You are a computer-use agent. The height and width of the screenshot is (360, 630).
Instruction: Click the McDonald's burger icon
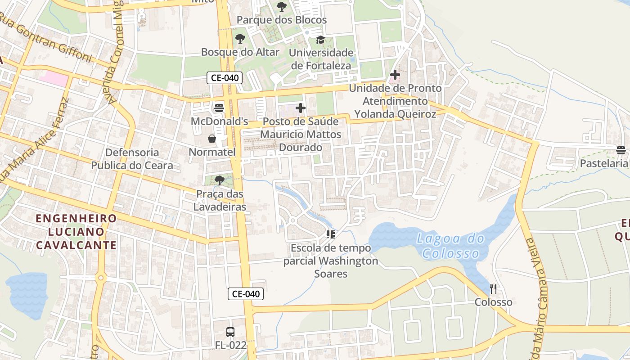click(x=219, y=108)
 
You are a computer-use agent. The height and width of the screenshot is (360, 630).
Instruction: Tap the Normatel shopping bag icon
click(x=212, y=139)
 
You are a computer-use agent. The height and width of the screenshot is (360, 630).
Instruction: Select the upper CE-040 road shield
click(x=225, y=78)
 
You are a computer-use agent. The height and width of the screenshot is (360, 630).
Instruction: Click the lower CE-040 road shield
click(x=245, y=294)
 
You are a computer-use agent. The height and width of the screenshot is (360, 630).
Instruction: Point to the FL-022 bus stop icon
click(x=230, y=332)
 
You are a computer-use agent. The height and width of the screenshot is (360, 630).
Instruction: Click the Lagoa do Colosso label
click(x=451, y=246)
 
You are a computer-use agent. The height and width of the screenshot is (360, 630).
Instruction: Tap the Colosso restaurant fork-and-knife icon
click(x=493, y=288)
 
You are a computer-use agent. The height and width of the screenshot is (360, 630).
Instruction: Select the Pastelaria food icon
click(x=621, y=150)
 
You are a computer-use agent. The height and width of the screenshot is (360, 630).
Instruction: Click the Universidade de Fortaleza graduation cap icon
click(x=320, y=40)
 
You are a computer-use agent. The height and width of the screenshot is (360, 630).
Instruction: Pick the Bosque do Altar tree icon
click(x=240, y=39)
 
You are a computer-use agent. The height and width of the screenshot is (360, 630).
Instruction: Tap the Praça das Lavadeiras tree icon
click(x=220, y=181)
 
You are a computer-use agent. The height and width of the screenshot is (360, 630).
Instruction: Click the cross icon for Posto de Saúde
click(x=300, y=108)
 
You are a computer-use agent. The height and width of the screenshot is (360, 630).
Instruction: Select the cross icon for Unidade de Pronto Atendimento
click(x=395, y=75)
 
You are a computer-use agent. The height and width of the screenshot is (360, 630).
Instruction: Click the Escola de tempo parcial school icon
click(x=331, y=234)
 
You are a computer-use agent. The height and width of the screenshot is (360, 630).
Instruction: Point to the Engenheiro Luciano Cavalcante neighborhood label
click(x=76, y=232)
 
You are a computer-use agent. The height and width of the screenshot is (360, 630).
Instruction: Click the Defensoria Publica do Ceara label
click(x=132, y=159)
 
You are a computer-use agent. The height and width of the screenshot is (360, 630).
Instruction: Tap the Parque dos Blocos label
click(x=282, y=20)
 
